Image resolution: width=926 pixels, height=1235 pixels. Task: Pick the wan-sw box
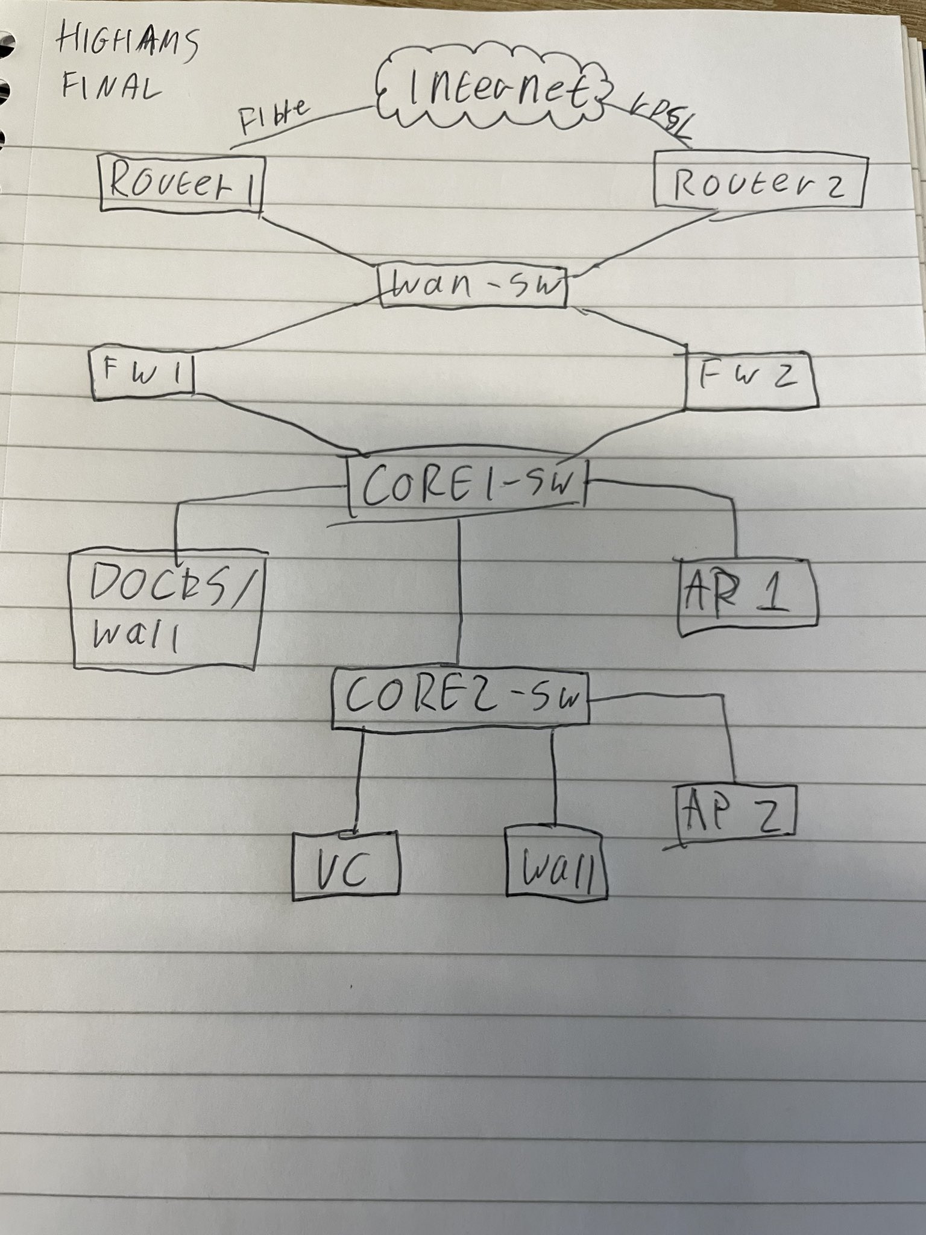(x=473, y=286)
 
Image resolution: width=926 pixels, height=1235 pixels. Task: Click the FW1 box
(x=143, y=374)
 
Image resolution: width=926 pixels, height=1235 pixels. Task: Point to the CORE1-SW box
(x=467, y=486)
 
